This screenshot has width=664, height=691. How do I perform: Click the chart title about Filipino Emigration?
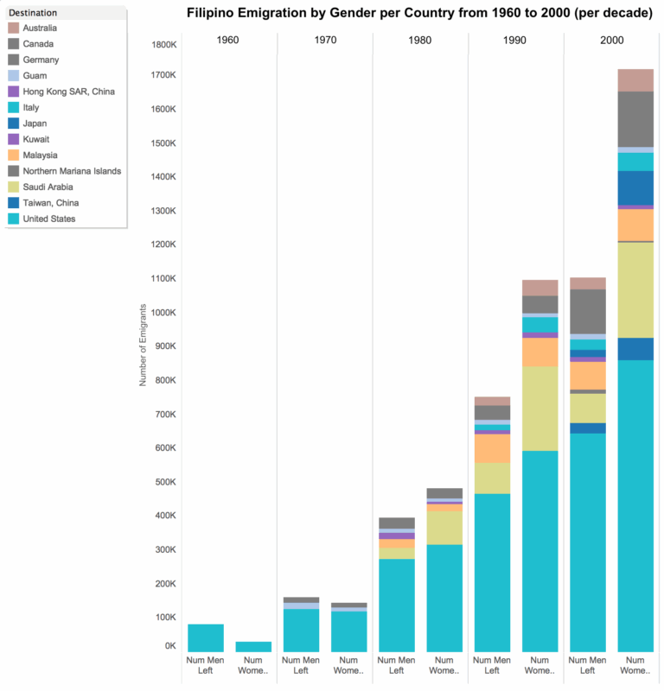[x=419, y=14]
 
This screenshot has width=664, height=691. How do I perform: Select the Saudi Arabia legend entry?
[x=48, y=187]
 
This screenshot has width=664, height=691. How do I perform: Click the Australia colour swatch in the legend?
[x=13, y=29]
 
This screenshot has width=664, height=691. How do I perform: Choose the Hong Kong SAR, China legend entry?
[x=68, y=92]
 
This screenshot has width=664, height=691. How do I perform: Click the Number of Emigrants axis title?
[x=144, y=345]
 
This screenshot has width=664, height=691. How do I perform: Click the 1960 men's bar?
[x=206, y=637]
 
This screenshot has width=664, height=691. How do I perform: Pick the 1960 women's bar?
[x=253, y=646]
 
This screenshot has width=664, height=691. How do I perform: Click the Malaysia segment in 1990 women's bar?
[x=540, y=352]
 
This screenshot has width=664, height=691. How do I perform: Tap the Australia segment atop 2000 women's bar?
[x=635, y=80]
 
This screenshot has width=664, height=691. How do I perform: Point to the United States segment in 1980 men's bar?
[x=396, y=605]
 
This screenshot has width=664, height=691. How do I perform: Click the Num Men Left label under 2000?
[x=587, y=666]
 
